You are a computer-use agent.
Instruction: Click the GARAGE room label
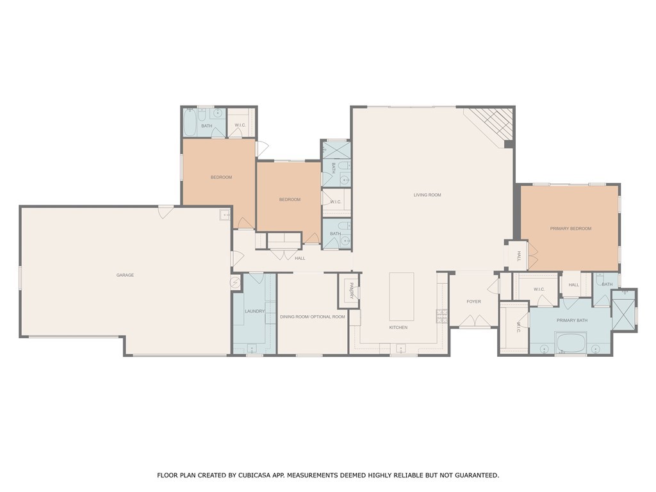click(125, 275)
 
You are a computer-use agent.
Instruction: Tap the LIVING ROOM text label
click(427, 195)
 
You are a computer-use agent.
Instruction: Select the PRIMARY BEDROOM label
click(570, 229)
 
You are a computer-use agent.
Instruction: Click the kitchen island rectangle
click(402, 297)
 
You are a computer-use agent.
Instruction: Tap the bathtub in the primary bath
click(571, 343)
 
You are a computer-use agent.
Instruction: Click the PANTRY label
click(351, 291)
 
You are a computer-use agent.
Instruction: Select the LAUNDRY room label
click(254, 311)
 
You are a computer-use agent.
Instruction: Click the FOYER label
click(473, 301)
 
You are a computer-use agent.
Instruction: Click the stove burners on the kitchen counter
click(442, 315)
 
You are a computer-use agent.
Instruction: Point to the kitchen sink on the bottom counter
click(400, 348)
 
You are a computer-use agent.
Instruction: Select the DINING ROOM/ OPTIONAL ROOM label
click(313, 317)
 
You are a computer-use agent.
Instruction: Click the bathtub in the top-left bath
click(190, 123)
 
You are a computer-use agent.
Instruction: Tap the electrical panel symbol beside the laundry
click(234, 283)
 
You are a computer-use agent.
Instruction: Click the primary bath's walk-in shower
click(623, 311)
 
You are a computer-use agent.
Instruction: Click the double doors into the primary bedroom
click(532, 256)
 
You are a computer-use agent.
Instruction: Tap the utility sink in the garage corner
click(225, 215)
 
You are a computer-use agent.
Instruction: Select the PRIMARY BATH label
click(571, 320)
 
